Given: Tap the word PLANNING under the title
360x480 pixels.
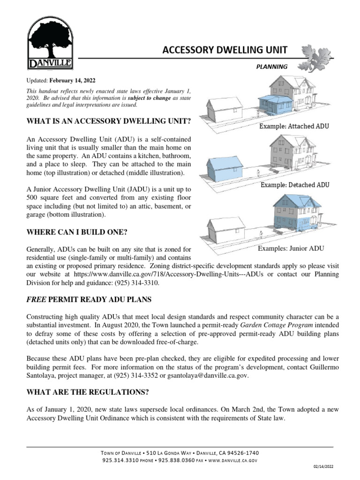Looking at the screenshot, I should point(271,67).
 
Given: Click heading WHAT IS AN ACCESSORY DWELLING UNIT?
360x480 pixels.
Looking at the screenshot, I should point(109,121).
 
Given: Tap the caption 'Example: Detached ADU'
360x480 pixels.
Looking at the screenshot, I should point(295,185).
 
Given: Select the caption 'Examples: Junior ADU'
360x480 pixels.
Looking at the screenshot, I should point(291,248).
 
